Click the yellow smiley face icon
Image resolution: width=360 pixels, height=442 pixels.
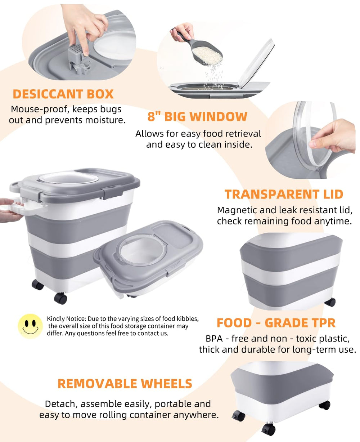(x=30, y=326)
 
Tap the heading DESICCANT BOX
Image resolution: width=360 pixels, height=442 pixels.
(x=63, y=94)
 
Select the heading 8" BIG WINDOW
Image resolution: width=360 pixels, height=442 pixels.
(x=197, y=116)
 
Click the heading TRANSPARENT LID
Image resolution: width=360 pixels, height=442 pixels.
(x=284, y=194)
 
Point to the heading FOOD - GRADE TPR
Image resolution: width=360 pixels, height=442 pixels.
(x=276, y=323)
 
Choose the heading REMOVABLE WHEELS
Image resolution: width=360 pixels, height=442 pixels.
(x=125, y=384)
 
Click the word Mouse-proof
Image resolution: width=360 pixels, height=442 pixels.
(x=39, y=109)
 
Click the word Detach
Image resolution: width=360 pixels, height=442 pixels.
(x=61, y=404)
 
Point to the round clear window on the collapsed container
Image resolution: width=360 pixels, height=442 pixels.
(x=143, y=251)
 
